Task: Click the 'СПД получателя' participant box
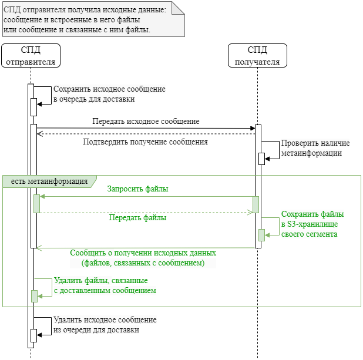point(257,55)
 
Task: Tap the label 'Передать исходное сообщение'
point(146,122)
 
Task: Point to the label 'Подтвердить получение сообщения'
point(145,142)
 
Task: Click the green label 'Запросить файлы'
point(137,189)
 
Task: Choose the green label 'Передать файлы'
point(137,217)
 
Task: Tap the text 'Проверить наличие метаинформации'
point(315,148)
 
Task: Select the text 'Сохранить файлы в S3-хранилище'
point(312,219)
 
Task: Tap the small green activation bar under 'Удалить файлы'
point(34,296)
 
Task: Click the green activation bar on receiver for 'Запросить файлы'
point(256,204)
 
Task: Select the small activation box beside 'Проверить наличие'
point(261,159)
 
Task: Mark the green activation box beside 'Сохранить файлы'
point(262,235)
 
